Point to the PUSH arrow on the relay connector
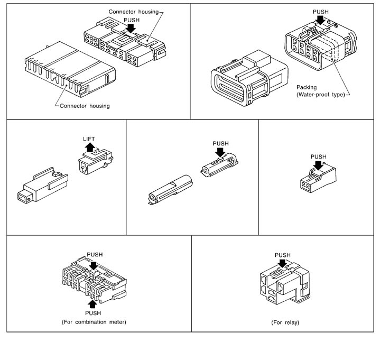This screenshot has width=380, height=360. (x=283, y=263)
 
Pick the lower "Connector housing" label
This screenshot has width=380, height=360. (x=86, y=106)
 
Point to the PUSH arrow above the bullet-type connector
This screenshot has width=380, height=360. (x=219, y=152)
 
